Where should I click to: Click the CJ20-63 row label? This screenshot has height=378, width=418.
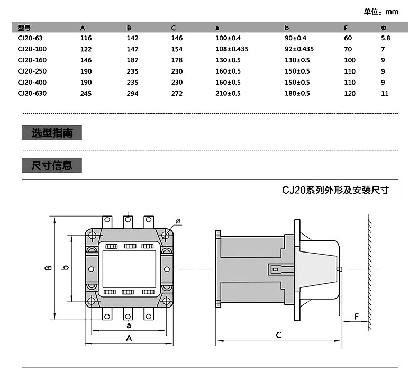click(x=30, y=38)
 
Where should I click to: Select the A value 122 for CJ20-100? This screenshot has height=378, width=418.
click(x=86, y=49)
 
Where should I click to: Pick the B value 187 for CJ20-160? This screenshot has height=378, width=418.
click(x=132, y=60)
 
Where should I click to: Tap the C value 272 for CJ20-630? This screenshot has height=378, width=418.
click(x=177, y=93)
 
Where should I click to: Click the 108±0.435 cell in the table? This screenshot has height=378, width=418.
click(x=232, y=49)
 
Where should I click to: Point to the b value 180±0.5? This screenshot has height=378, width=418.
click(x=297, y=93)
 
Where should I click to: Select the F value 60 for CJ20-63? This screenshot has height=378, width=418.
click(x=348, y=38)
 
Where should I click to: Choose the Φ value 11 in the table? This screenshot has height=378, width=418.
click(x=385, y=93)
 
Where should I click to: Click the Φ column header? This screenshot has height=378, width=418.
click(x=384, y=28)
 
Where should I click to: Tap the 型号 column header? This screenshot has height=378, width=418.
click(x=24, y=28)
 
